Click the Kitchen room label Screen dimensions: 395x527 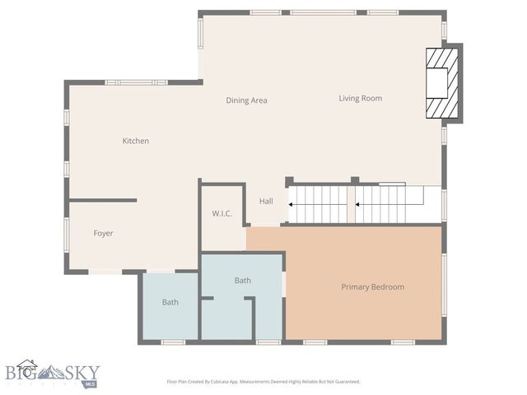tap(136, 141)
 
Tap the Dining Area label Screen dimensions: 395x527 tap(247, 100)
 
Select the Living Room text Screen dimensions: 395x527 tap(360, 99)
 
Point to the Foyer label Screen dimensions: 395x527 tap(103, 233)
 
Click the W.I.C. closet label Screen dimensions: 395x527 tap(222, 214)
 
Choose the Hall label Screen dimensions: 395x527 tap(266, 201)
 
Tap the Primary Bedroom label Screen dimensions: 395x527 tap(372, 286)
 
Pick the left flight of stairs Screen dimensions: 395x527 tap(317, 203)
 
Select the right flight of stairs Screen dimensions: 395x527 tap(381, 203)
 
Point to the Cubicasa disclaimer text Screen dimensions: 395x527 tap(263, 382)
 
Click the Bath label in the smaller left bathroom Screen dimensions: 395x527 tap(170, 302)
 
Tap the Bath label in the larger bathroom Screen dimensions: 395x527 tap(242, 281)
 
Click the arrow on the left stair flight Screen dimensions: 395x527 tap(291, 203)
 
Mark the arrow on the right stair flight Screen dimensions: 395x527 tap(358, 203)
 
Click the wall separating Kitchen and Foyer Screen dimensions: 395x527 tap(103, 200)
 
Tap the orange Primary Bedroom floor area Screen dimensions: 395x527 tap(362, 313)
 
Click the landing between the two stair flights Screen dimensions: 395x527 tap(351, 203)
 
